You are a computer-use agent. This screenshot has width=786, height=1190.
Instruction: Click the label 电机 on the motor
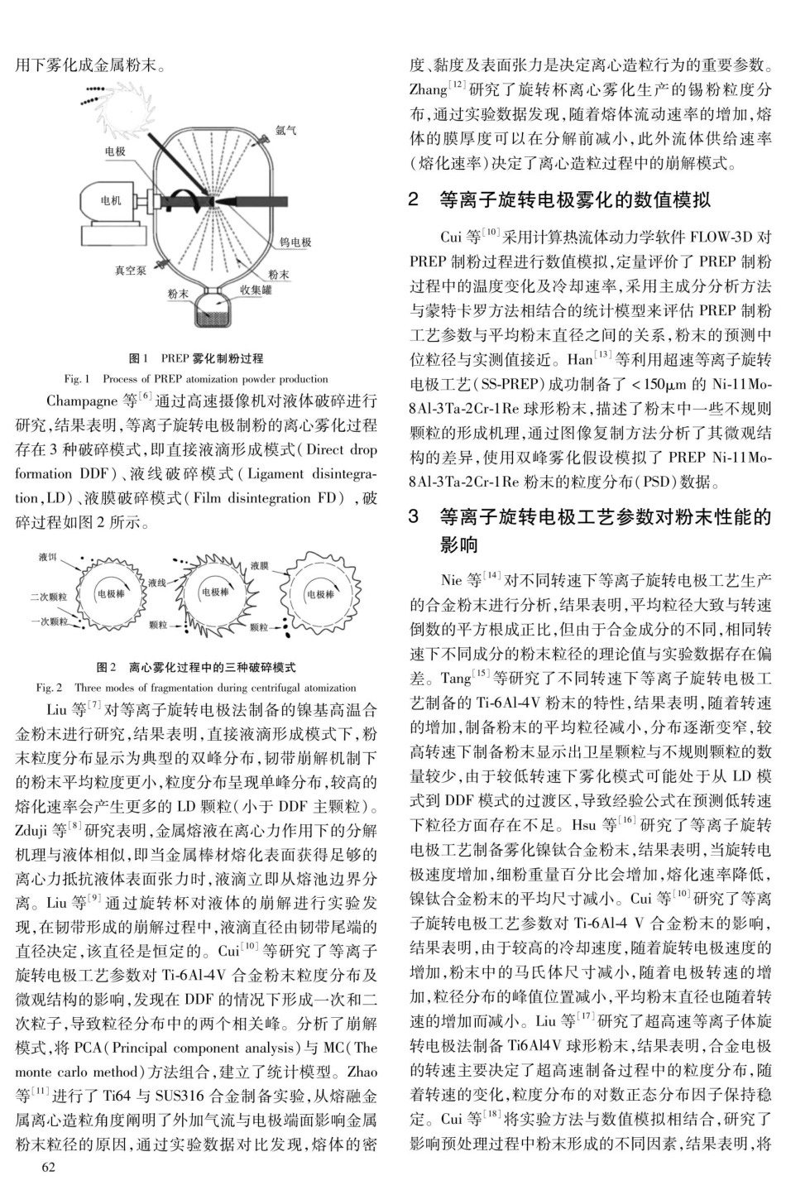coord(110,200)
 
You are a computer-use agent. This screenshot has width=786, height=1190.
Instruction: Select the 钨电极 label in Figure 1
coord(295,242)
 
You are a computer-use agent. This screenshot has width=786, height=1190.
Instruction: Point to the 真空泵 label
coord(130,270)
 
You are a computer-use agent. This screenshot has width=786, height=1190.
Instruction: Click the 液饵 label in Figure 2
coord(48,557)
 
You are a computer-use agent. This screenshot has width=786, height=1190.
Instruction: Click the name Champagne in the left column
coord(83,401)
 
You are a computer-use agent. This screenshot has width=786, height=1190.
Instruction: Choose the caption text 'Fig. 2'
coord(49,687)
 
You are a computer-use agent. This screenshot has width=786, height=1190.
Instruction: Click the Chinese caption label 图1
coord(138,358)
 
